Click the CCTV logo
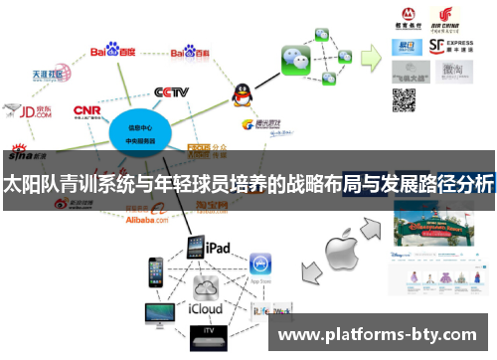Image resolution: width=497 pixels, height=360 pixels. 171,92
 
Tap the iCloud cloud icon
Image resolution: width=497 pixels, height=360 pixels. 206,289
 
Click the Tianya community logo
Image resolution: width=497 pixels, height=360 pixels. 49,75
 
